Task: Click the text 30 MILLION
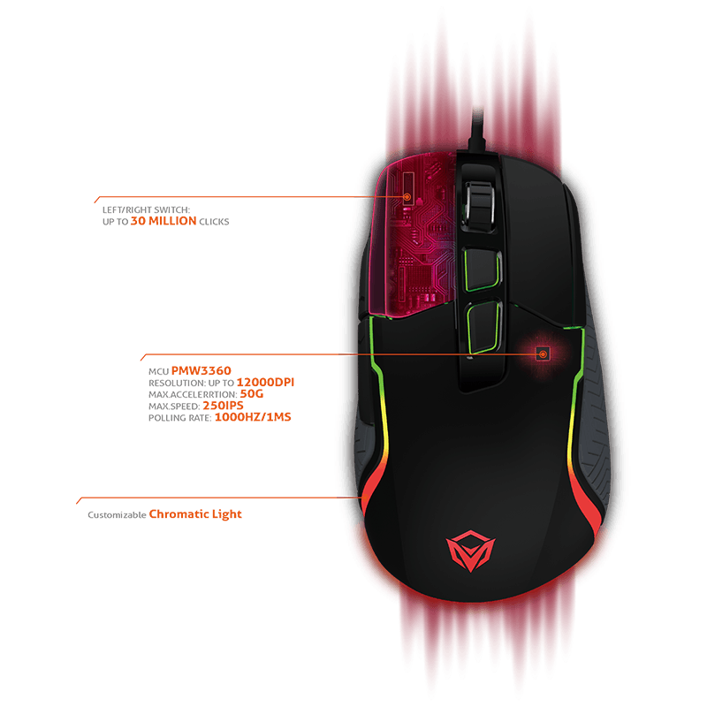coord(163,221)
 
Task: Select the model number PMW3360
coord(201,370)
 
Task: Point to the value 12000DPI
coord(265,383)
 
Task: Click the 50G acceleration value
coord(252,394)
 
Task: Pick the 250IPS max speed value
coord(224,406)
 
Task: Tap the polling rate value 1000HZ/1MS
coord(253,417)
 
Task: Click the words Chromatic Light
coord(195,514)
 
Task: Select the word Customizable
coord(117,515)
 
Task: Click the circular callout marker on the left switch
coord(407,196)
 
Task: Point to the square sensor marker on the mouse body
coord(543,354)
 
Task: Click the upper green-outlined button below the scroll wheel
coord(482,269)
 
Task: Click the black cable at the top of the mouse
coord(476,130)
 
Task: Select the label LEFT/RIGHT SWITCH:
coord(146,210)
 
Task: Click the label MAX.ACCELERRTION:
coord(193,394)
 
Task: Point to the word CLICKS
coord(214,222)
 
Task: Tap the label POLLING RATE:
coord(180,418)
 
